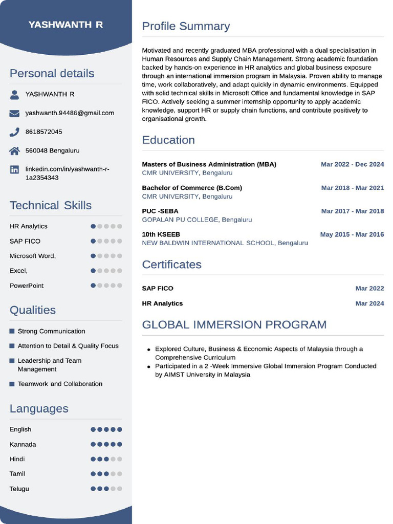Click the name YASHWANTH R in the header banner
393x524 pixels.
tap(65, 25)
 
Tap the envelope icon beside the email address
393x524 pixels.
tap(14, 113)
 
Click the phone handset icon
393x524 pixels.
tap(14, 132)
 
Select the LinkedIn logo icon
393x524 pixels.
tap(14, 169)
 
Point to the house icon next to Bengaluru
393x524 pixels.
tap(14, 151)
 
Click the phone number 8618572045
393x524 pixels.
tap(43, 132)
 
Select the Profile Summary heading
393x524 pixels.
tap(186, 26)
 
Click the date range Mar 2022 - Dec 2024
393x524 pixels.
tap(352, 164)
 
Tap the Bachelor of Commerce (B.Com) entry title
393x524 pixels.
tap(192, 188)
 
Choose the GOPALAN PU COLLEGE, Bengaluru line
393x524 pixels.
tap(196, 220)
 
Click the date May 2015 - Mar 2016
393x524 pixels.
tap(352, 234)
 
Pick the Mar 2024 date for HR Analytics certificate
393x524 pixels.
tap(369, 303)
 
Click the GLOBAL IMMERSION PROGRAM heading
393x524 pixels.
tap(234, 324)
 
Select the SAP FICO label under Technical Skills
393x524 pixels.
tap(25, 241)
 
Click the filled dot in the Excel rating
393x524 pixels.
tap(93, 271)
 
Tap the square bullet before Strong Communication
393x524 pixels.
tap(12, 331)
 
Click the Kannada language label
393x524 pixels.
tap(23, 444)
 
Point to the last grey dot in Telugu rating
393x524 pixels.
tap(120, 489)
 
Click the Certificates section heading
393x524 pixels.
tap(171, 265)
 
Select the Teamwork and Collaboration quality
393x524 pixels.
tap(60, 384)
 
